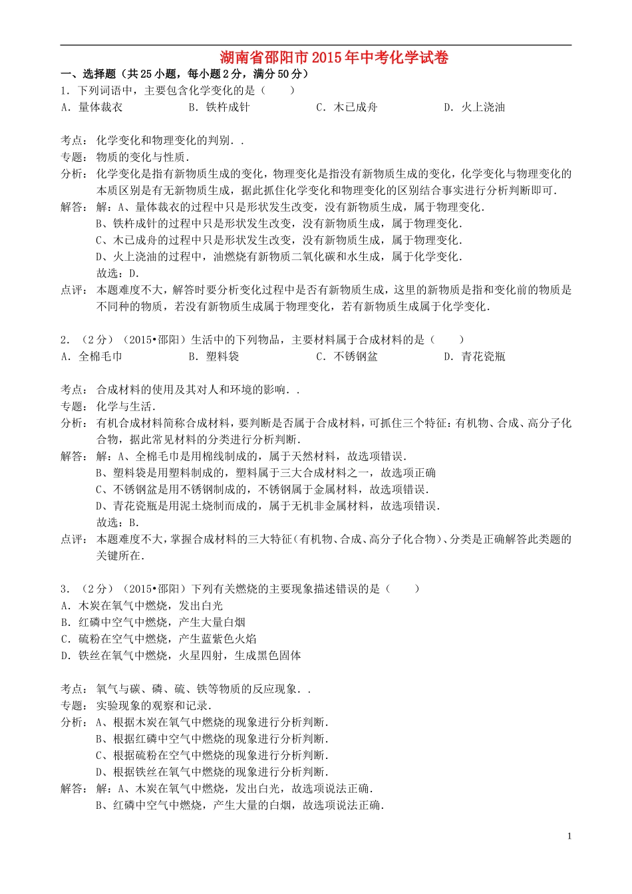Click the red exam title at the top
(x=334, y=58)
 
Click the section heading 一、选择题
(x=184, y=74)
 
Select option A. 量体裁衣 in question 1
(x=92, y=107)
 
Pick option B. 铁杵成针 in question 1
(x=219, y=107)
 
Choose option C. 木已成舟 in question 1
(x=347, y=107)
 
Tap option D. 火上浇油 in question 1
(x=474, y=107)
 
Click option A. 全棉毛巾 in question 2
(x=92, y=357)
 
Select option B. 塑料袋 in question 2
(x=214, y=357)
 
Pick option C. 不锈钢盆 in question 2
(x=347, y=357)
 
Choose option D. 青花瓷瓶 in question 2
(x=474, y=357)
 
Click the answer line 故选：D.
(x=118, y=273)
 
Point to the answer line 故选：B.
(x=118, y=523)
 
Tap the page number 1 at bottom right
(x=569, y=836)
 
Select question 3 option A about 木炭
(x=142, y=606)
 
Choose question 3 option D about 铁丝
(x=181, y=656)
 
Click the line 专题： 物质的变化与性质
(x=125, y=157)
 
